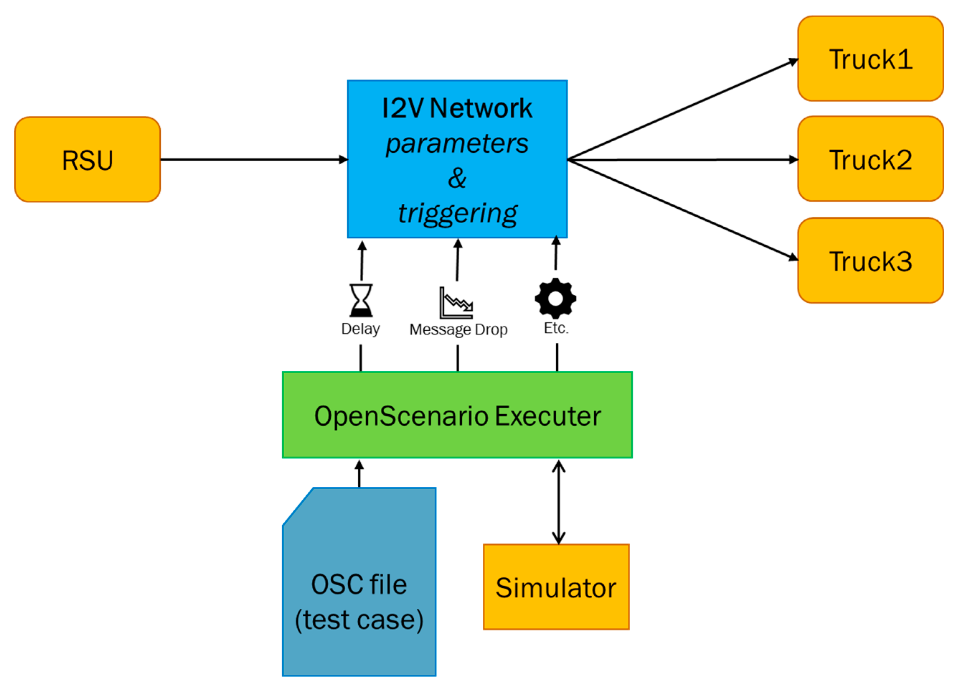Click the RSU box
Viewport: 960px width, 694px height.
pyautogui.click(x=87, y=160)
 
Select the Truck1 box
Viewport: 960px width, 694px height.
pyautogui.click(x=870, y=59)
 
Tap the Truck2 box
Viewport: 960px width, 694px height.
pyautogui.click(x=870, y=159)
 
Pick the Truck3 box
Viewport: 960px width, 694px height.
pyautogui.click(x=870, y=261)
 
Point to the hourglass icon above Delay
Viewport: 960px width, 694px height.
pyautogui.click(x=361, y=300)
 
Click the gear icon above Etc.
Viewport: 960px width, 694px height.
pyautogui.click(x=555, y=298)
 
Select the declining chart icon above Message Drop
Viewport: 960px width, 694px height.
pyautogui.click(x=456, y=303)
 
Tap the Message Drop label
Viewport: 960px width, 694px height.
pyautogui.click(x=458, y=330)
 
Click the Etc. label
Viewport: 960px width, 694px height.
pyautogui.click(x=556, y=328)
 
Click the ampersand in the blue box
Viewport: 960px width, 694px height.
pyautogui.click(x=457, y=178)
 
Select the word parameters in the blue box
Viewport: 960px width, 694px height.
pyautogui.click(x=457, y=143)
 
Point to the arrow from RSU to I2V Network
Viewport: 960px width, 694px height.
pyautogui.click(x=254, y=160)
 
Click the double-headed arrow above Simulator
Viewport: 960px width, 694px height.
pyautogui.click(x=558, y=502)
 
